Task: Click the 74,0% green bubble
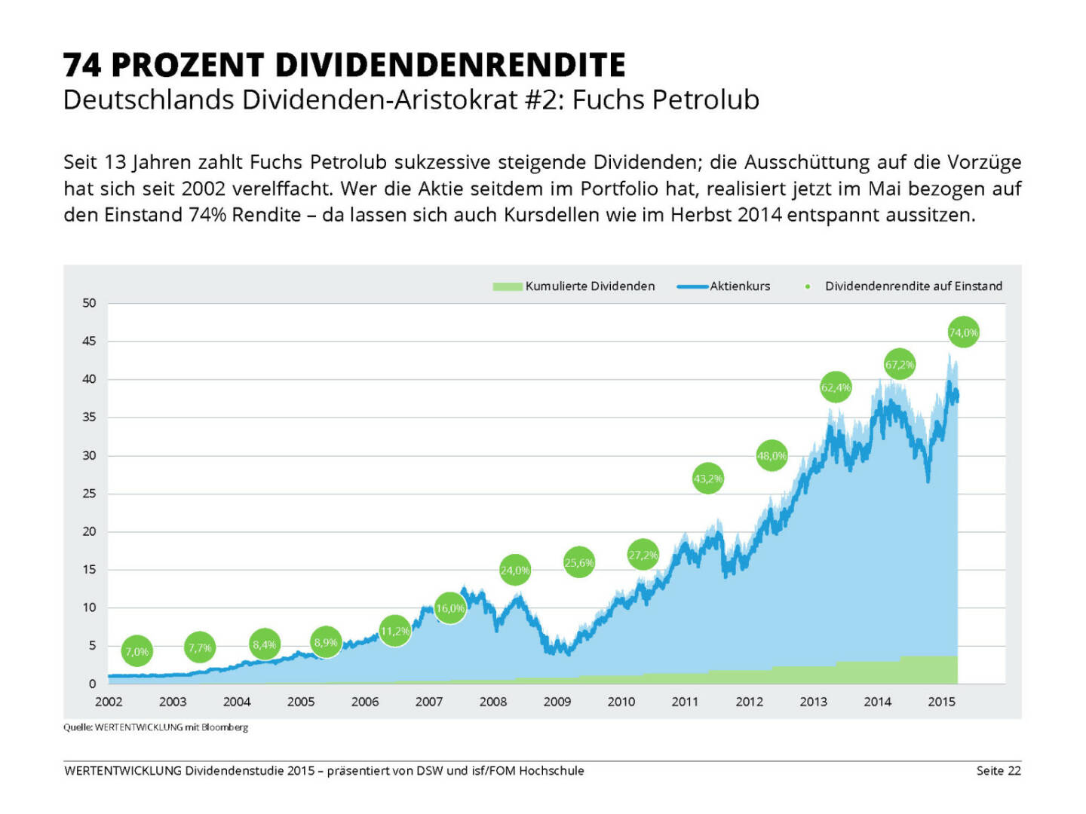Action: [x=963, y=332]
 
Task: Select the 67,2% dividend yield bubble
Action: [x=899, y=365]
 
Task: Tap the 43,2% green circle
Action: [x=707, y=479]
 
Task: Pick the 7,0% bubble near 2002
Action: [x=137, y=652]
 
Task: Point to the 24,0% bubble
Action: [x=515, y=571]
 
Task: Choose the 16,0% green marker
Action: [x=450, y=608]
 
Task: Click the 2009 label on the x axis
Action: [x=557, y=702]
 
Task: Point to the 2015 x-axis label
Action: [x=941, y=702]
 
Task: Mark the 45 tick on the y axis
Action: [x=90, y=341]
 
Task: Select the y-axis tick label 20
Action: [x=90, y=531]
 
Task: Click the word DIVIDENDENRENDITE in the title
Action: [x=449, y=66]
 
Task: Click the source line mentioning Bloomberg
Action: [x=155, y=727]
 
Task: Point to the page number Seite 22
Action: [x=998, y=770]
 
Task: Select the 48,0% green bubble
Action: [x=772, y=456]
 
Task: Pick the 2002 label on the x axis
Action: [x=109, y=702]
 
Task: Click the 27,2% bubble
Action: [x=643, y=555]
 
